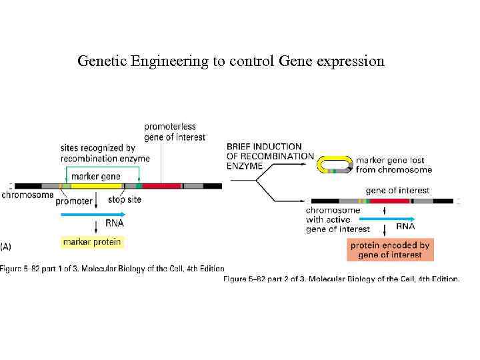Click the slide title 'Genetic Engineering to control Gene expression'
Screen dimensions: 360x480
(x=231, y=61)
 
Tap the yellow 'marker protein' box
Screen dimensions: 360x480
(x=92, y=242)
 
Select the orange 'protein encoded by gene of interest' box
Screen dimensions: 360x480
(x=390, y=250)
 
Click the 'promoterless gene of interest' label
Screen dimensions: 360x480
(x=175, y=131)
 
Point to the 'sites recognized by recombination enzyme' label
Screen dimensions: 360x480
(x=105, y=153)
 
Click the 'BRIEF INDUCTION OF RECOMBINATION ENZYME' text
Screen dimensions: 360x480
(x=269, y=155)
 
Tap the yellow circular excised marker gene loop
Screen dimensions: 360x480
(x=334, y=165)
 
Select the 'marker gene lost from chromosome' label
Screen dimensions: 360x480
(x=393, y=165)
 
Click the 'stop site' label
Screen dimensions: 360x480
(x=125, y=199)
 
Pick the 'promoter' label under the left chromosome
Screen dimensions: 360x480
(x=74, y=200)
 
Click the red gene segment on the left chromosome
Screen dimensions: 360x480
(x=161, y=186)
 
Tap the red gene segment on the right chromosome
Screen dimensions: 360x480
(x=389, y=201)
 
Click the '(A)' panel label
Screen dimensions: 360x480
(x=6, y=246)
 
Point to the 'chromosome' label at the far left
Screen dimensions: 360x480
(x=27, y=195)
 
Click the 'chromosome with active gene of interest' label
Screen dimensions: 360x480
(x=337, y=219)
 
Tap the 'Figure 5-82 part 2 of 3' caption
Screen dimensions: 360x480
(x=341, y=279)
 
